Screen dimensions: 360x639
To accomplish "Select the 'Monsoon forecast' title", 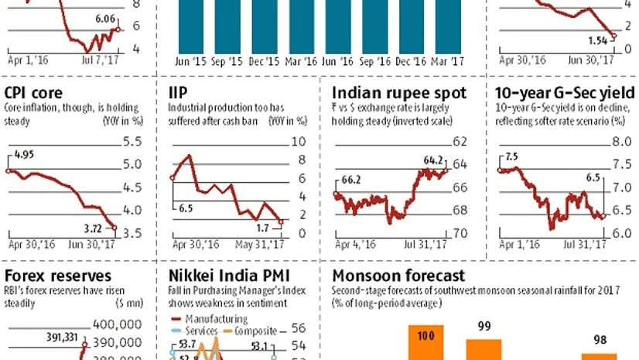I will [x=398, y=275].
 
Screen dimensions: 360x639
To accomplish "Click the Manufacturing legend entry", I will [x=214, y=318].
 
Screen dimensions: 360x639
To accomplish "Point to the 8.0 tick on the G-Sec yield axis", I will [x=623, y=142].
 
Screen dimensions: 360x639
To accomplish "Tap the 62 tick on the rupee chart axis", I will [x=461, y=142].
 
